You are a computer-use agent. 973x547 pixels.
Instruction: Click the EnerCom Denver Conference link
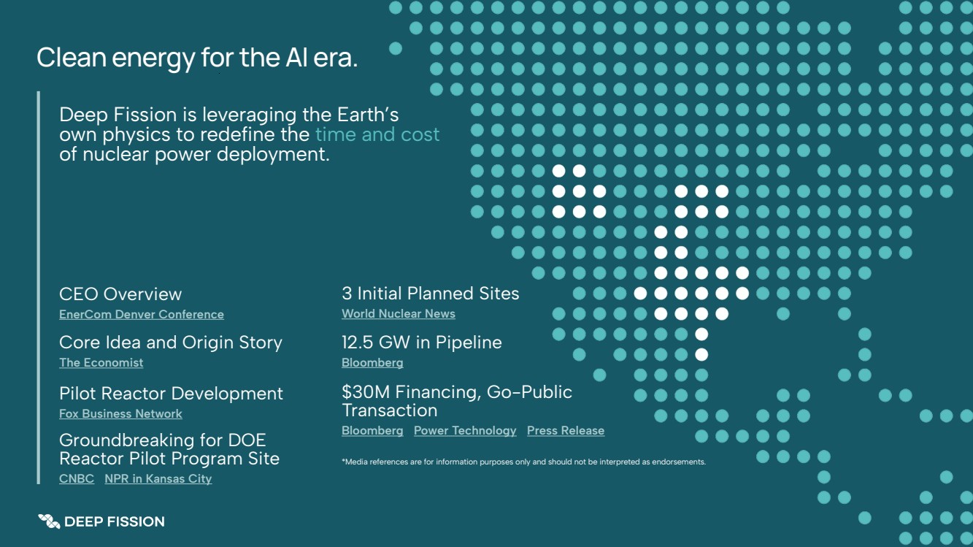(142, 314)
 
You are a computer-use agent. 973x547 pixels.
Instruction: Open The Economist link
(101, 362)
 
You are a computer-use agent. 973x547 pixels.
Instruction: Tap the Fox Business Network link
(120, 413)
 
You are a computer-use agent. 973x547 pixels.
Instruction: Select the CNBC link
(77, 478)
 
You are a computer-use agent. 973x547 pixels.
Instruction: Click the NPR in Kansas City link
(158, 478)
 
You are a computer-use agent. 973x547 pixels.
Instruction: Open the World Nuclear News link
(399, 313)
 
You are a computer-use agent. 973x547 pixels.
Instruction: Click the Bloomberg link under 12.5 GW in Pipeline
(372, 362)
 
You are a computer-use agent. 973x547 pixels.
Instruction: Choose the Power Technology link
(465, 431)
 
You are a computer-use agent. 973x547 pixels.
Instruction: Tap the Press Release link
(566, 431)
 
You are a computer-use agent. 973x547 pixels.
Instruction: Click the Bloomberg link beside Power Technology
(372, 431)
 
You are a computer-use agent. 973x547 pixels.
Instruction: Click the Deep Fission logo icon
(49, 521)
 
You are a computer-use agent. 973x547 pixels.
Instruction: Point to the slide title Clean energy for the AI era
(197, 58)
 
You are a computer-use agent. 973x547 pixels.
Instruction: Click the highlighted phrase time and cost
(377, 134)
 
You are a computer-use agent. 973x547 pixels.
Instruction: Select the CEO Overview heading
(120, 294)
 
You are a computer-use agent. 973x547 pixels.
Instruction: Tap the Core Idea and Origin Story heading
(171, 343)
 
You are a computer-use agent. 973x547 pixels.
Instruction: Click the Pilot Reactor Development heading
(171, 394)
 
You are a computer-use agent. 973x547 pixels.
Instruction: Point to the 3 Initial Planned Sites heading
(430, 294)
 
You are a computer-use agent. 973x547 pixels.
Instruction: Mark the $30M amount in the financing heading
(366, 392)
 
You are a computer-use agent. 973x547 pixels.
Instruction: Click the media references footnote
(523, 462)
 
